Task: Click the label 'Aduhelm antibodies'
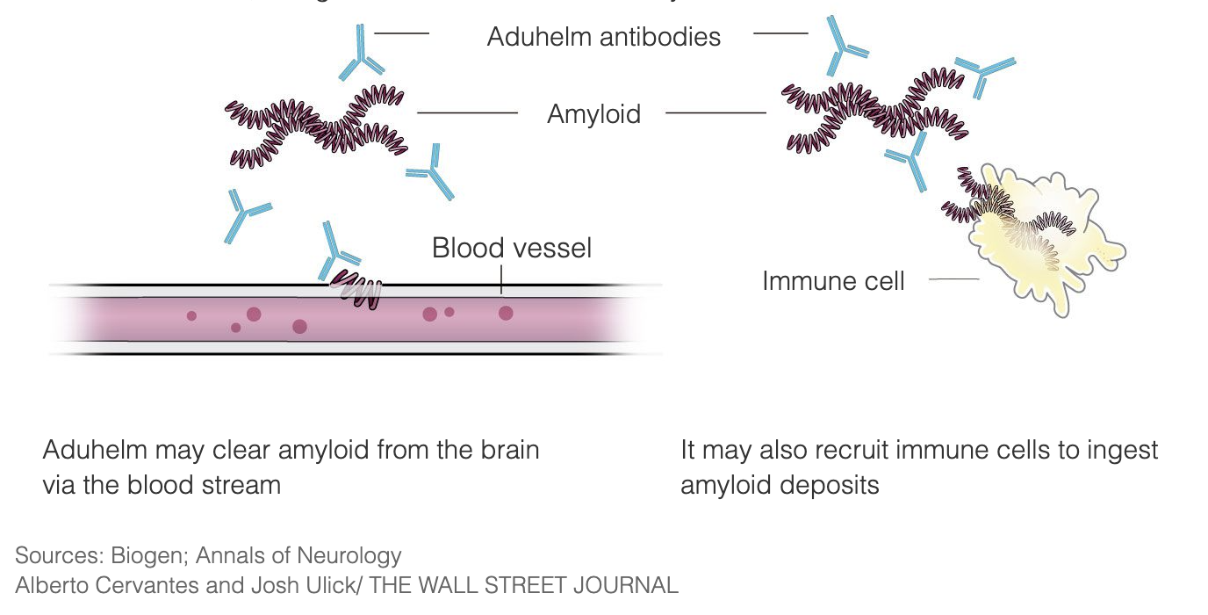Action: point(603,37)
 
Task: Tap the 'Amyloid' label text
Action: point(593,114)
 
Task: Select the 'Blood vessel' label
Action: point(511,248)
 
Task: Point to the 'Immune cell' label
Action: point(832,281)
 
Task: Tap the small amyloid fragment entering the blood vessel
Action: point(357,289)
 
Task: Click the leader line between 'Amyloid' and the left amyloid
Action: point(467,112)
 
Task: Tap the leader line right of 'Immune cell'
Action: point(953,279)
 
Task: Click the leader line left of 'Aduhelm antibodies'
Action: point(401,33)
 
